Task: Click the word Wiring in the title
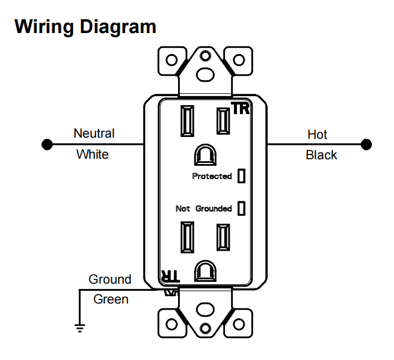[x=45, y=26]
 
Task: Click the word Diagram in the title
[x=118, y=26]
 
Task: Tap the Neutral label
[x=94, y=133]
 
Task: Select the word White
[x=93, y=154]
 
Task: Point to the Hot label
[x=317, y=135]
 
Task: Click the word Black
[x=321, y=155]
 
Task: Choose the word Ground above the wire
[x=110, y=279]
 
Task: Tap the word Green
[x=111, y=299]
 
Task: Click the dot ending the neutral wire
[x=47, y=144]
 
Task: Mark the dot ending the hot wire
[x=366, y=144]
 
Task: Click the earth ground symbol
[x=79, y=328]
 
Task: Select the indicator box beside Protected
[x=241, y=175]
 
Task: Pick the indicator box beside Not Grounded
[x=241, y=208]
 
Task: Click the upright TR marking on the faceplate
[x=241, y=108]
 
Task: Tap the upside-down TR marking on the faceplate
[x=170, y=276]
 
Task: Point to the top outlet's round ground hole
[x=205, y=155]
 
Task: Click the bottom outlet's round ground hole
[x=205, y=271]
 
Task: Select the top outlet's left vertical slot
[x=188, y=121]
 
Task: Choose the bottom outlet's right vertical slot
[x=223, y=237]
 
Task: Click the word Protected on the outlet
[x=212, y=176]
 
